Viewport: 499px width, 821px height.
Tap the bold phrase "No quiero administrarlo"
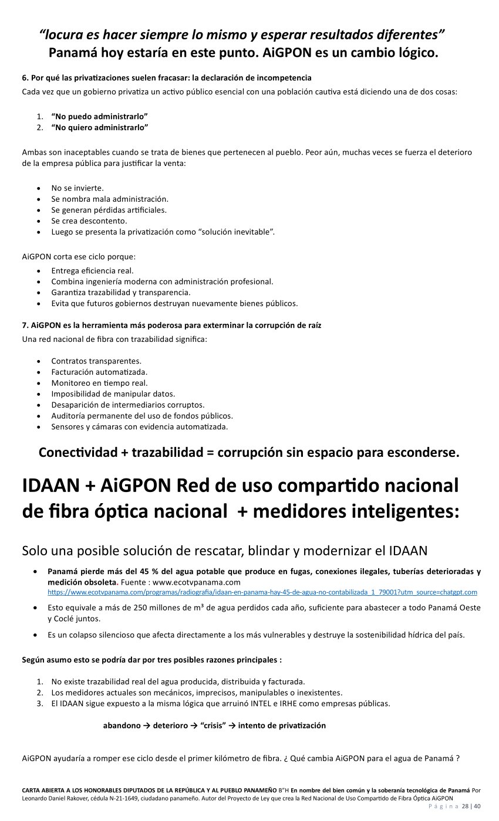100,127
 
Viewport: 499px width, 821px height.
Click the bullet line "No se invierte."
77,188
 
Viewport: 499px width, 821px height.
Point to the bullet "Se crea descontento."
89,221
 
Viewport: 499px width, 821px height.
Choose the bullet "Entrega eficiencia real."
92,270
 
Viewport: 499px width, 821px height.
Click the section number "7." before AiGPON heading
25,325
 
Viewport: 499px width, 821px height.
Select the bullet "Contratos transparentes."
96,361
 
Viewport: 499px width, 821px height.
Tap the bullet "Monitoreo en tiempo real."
99,383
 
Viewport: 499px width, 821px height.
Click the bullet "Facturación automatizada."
99,372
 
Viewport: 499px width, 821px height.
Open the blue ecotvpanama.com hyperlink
262,592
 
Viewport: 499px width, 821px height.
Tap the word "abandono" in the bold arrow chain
122,725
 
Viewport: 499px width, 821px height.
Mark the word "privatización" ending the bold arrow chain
299,725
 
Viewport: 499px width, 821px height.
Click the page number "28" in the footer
466,806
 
